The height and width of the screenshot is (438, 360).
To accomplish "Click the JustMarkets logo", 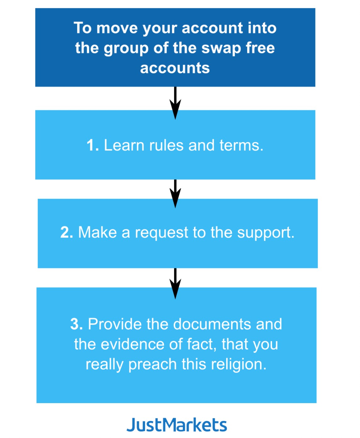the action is point(177,425).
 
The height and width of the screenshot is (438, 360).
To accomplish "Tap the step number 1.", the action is point(93,145).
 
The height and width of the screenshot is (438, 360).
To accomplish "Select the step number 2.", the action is point(67,232).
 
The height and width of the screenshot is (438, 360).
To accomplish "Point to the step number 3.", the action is point(77,324).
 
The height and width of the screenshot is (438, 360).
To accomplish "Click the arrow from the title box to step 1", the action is point(175,103).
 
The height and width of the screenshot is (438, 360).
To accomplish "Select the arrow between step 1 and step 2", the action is point(175,194).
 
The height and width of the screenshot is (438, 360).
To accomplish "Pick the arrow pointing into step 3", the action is point(175,284).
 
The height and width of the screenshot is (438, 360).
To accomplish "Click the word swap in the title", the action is point(221,48).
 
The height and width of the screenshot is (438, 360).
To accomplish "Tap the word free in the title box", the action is point(260,48).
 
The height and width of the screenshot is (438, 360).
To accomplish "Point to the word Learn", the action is point(124,145).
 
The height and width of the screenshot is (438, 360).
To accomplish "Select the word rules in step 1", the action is point(166,145).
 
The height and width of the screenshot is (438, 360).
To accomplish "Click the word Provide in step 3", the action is point(115,324).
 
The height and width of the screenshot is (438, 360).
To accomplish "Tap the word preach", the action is point(153,365).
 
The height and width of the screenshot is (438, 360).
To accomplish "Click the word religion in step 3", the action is point(239,365).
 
